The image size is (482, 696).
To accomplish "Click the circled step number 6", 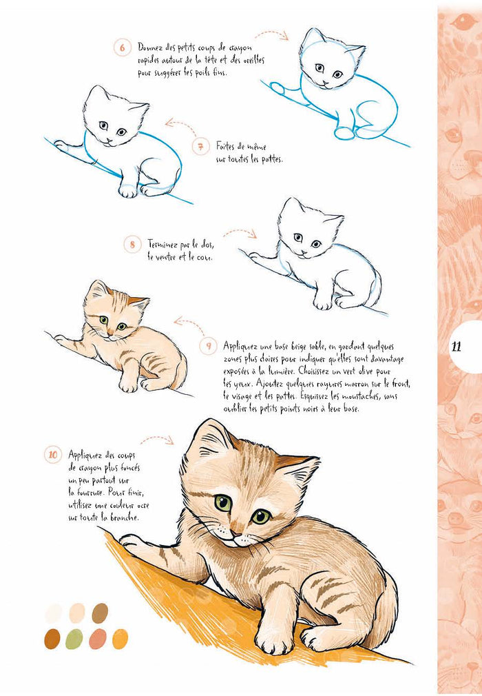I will coord(122,48).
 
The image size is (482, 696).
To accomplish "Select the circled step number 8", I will coord(132,244).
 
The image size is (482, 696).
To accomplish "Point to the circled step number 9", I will coord(209,345).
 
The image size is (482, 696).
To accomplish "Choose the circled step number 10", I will coord(53,455).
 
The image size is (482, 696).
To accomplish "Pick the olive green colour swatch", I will coord(74,639).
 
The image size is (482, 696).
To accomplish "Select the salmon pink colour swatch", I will coord(98,639).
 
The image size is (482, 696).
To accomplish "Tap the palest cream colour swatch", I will coord(54,613).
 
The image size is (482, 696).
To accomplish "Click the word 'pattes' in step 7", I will coord(268,159).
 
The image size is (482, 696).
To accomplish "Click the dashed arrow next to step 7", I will coord(180,127).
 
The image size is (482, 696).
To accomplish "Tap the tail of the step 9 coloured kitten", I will coord(181,376).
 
